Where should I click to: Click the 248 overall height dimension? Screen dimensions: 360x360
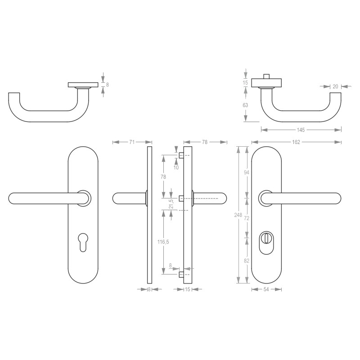238,215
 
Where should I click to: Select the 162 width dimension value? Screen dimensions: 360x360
296,142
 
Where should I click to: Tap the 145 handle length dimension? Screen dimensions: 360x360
301,130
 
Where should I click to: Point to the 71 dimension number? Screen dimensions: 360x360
132,142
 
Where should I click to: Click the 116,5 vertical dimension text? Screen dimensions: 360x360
163,242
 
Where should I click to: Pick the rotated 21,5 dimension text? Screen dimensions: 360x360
171,204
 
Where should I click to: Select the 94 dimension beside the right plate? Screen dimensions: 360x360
246,172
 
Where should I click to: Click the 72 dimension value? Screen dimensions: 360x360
246,218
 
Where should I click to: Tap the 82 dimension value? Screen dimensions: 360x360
247,261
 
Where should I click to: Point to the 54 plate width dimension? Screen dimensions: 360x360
266,289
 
